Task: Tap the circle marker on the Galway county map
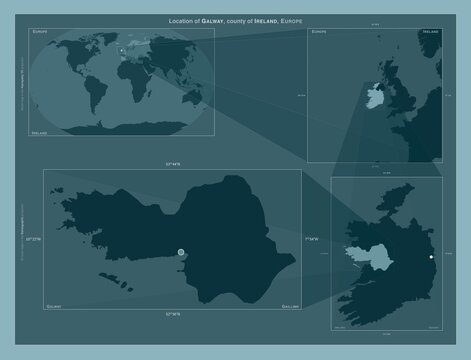(x=181, y=253)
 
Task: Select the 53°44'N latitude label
(x=172, y=163)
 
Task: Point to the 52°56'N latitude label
(x=172, y=313)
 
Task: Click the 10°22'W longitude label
(x=37, y=239)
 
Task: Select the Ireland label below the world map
(x=41, y=131)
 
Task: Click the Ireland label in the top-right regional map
(x=431, y=32)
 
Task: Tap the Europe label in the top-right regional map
(x=319, y=32)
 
